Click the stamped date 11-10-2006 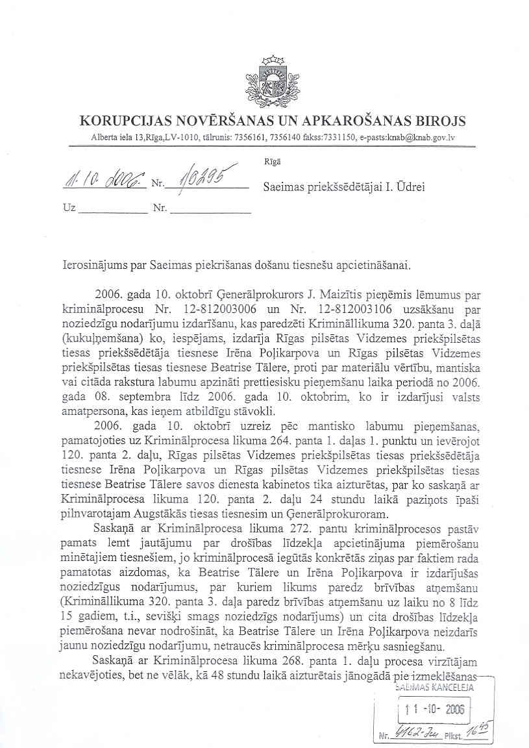(x=434, y=710)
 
